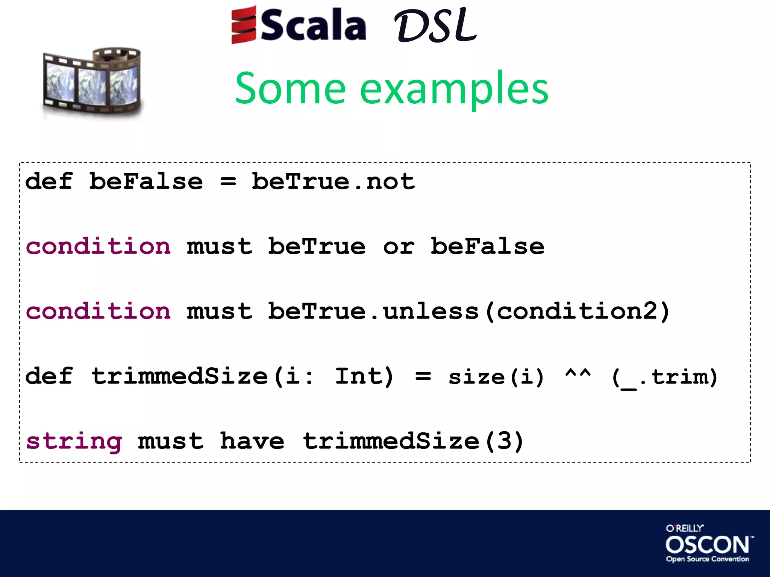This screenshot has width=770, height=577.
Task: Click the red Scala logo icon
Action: [x=244, y=25]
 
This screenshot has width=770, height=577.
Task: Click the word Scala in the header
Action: [x=313, y=26]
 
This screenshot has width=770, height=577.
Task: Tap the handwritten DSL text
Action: [x=435, y=26]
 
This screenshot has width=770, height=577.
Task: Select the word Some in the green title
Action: [x=290, y=89]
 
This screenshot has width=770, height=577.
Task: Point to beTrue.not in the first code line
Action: [x=333, y=181]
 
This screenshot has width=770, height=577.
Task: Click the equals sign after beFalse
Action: [x=228, y=182]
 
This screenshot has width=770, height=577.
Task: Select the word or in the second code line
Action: [x=399, y=247]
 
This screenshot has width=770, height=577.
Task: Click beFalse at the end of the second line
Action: [x=487, y=246]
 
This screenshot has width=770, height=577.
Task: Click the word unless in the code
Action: [x=430, y=311]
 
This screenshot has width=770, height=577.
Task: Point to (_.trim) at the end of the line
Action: [x=664, y=377]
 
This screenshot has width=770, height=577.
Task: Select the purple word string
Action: [x=74, y=441]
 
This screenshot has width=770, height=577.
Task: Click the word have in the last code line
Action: [x=252, y=441]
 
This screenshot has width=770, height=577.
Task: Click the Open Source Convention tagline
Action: [x=707, y=559]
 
